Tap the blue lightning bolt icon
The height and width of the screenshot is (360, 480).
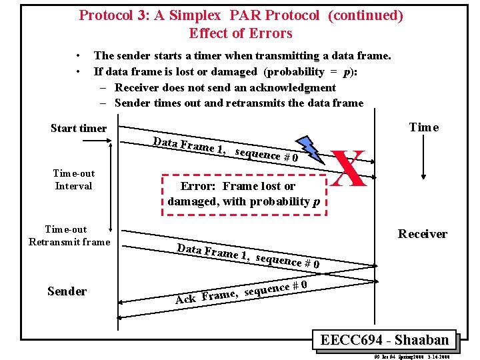pyautogui.click(x=310, y=150)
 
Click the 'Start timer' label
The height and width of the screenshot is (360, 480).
pyautogui.click(x=79, y=128)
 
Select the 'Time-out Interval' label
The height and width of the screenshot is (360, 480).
pyautogui.click(x=74, y=179)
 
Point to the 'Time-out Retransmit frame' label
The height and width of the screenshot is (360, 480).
pyautogui.click(x=69, y=235)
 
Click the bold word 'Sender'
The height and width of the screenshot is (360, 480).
pyautogui.click(x=67, y=291)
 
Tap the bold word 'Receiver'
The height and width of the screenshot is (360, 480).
pyautogui.click(x=423, y=233)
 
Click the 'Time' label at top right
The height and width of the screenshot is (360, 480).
pyautogui.click(x=424, y=127)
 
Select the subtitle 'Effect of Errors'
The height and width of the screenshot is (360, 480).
pyautogui.click(x=241, y=33)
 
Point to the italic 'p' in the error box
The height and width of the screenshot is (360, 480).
pyautogui.click(x=316, y=201)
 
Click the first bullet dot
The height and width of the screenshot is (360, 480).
pyautogui.click(x=79, y=56)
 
